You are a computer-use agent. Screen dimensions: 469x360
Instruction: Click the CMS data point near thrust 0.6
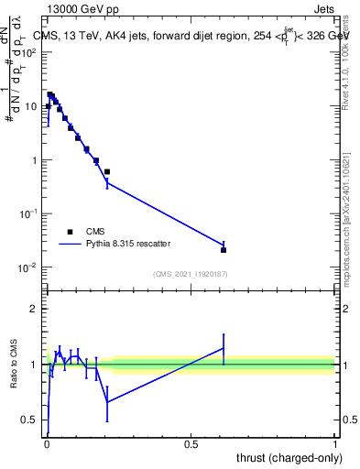(224, 249)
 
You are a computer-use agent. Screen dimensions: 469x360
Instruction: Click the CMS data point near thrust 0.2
(107, 171)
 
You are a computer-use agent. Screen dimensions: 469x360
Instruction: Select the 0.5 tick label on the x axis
(191, 444)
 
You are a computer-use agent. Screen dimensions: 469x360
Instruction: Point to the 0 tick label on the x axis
(47, 444)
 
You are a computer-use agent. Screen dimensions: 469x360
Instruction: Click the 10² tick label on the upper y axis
(30, 52)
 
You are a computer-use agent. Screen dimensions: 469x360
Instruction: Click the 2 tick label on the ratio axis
(36, 309)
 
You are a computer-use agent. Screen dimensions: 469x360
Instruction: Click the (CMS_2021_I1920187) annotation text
(191, 274)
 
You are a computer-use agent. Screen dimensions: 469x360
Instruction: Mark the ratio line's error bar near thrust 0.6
(224, 348)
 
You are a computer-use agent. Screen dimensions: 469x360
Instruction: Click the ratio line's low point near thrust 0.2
(107, 402)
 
